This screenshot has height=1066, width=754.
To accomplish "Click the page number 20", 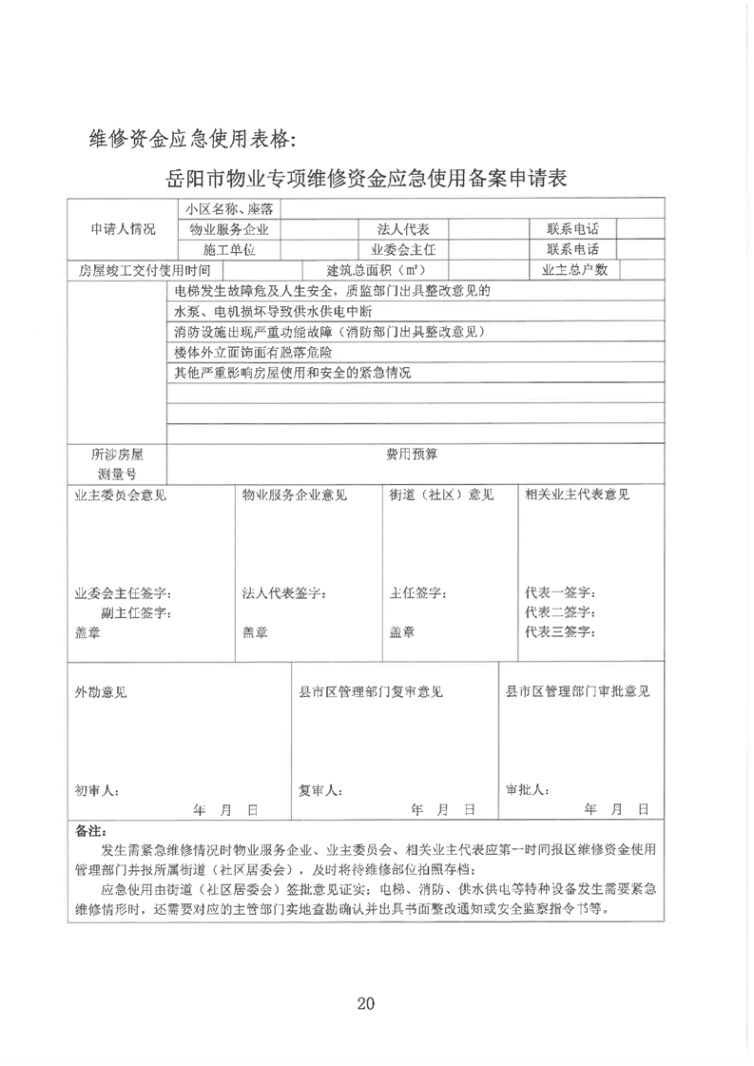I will point(367,1002).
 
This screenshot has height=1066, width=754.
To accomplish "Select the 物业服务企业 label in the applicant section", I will point(229,229).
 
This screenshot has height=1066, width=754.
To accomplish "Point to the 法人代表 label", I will point(403,229).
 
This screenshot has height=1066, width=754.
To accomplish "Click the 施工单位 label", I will point(229,249).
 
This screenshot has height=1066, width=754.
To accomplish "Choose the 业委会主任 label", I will point(403,249).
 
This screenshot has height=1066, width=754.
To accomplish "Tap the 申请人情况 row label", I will point(123,229).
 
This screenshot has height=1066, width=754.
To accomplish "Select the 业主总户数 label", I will point(573,270).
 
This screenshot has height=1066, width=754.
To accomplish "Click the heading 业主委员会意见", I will point(121,494).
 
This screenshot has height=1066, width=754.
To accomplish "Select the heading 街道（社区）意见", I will point(441,494).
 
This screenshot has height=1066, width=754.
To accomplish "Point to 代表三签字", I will point(560,631).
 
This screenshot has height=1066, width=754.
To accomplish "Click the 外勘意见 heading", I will point(101,691).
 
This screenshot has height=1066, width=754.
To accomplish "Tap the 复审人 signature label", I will point(321,790).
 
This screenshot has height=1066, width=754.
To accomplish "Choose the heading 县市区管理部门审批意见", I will point(577,691).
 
